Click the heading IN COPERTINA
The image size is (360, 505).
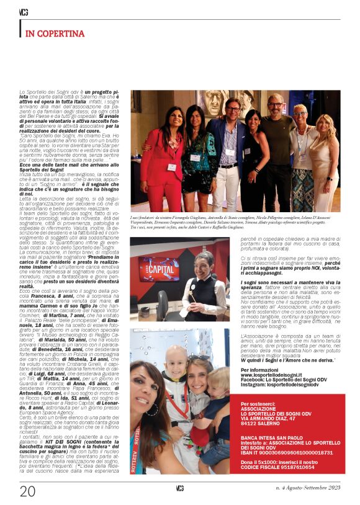(x=55, y=33)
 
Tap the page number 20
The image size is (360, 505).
(x=27, y=491)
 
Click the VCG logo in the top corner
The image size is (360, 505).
(x=24, y=12)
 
